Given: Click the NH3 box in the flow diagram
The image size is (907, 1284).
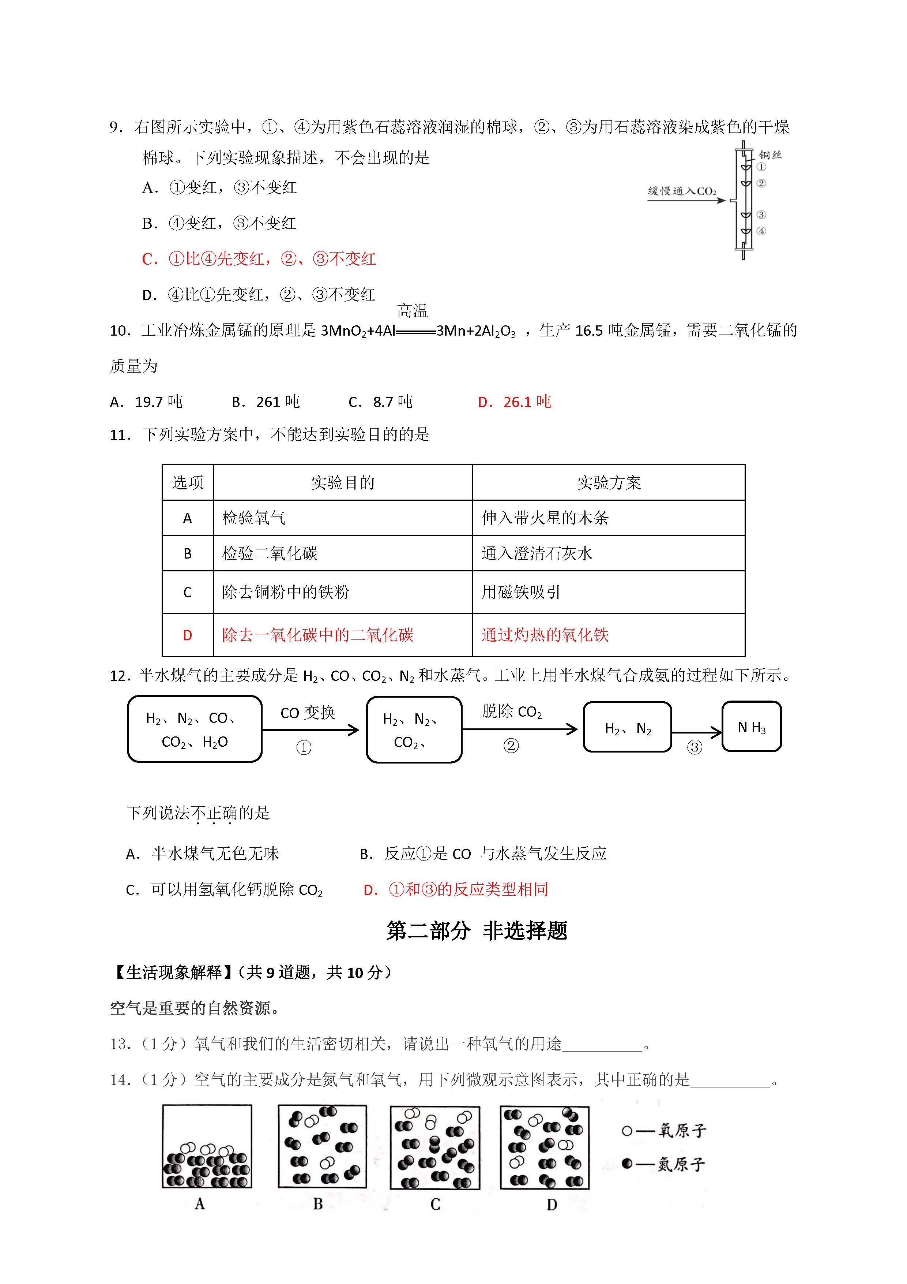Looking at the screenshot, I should [751, 727].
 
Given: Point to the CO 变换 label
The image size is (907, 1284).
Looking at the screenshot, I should [307, 713].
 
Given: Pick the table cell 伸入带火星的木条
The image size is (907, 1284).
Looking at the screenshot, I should [545, 518].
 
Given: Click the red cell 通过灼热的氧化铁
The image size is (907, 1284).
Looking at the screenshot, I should [545, 635].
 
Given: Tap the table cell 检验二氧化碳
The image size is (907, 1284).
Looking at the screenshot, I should [270, 554].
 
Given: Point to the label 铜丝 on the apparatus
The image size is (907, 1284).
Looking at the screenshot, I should [770, 155].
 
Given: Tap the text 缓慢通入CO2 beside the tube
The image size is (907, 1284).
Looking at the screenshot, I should [682, 191].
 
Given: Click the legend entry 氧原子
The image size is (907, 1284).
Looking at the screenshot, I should [665, 1131].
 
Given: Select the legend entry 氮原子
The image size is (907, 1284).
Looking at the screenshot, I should [665, 1164].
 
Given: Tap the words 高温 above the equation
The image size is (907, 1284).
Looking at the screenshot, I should [413, 310].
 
